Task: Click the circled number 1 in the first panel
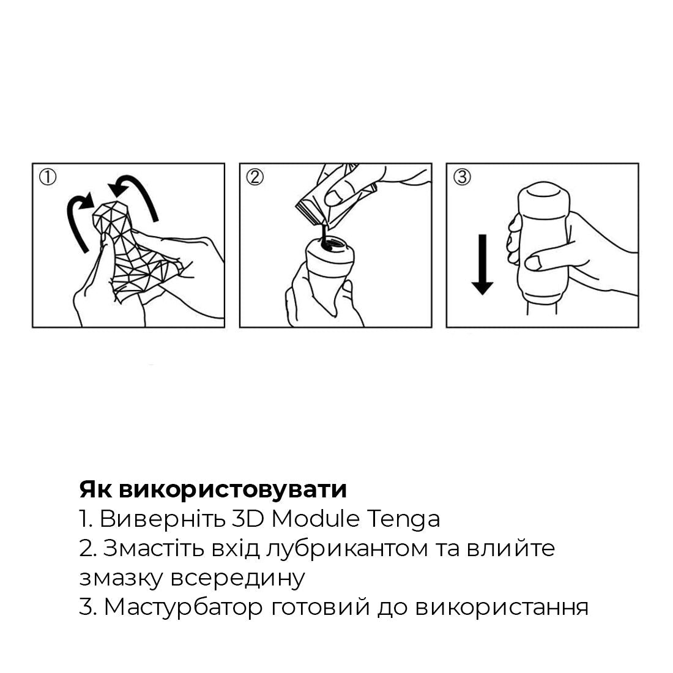coord(48,177)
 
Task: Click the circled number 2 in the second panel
coord(255,177)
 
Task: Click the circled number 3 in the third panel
coord(462,177)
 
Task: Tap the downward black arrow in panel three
coord(483,264)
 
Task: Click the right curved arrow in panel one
coord(138,193)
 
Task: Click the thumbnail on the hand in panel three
coord(535,263)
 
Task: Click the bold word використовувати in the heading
coord(232,489)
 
